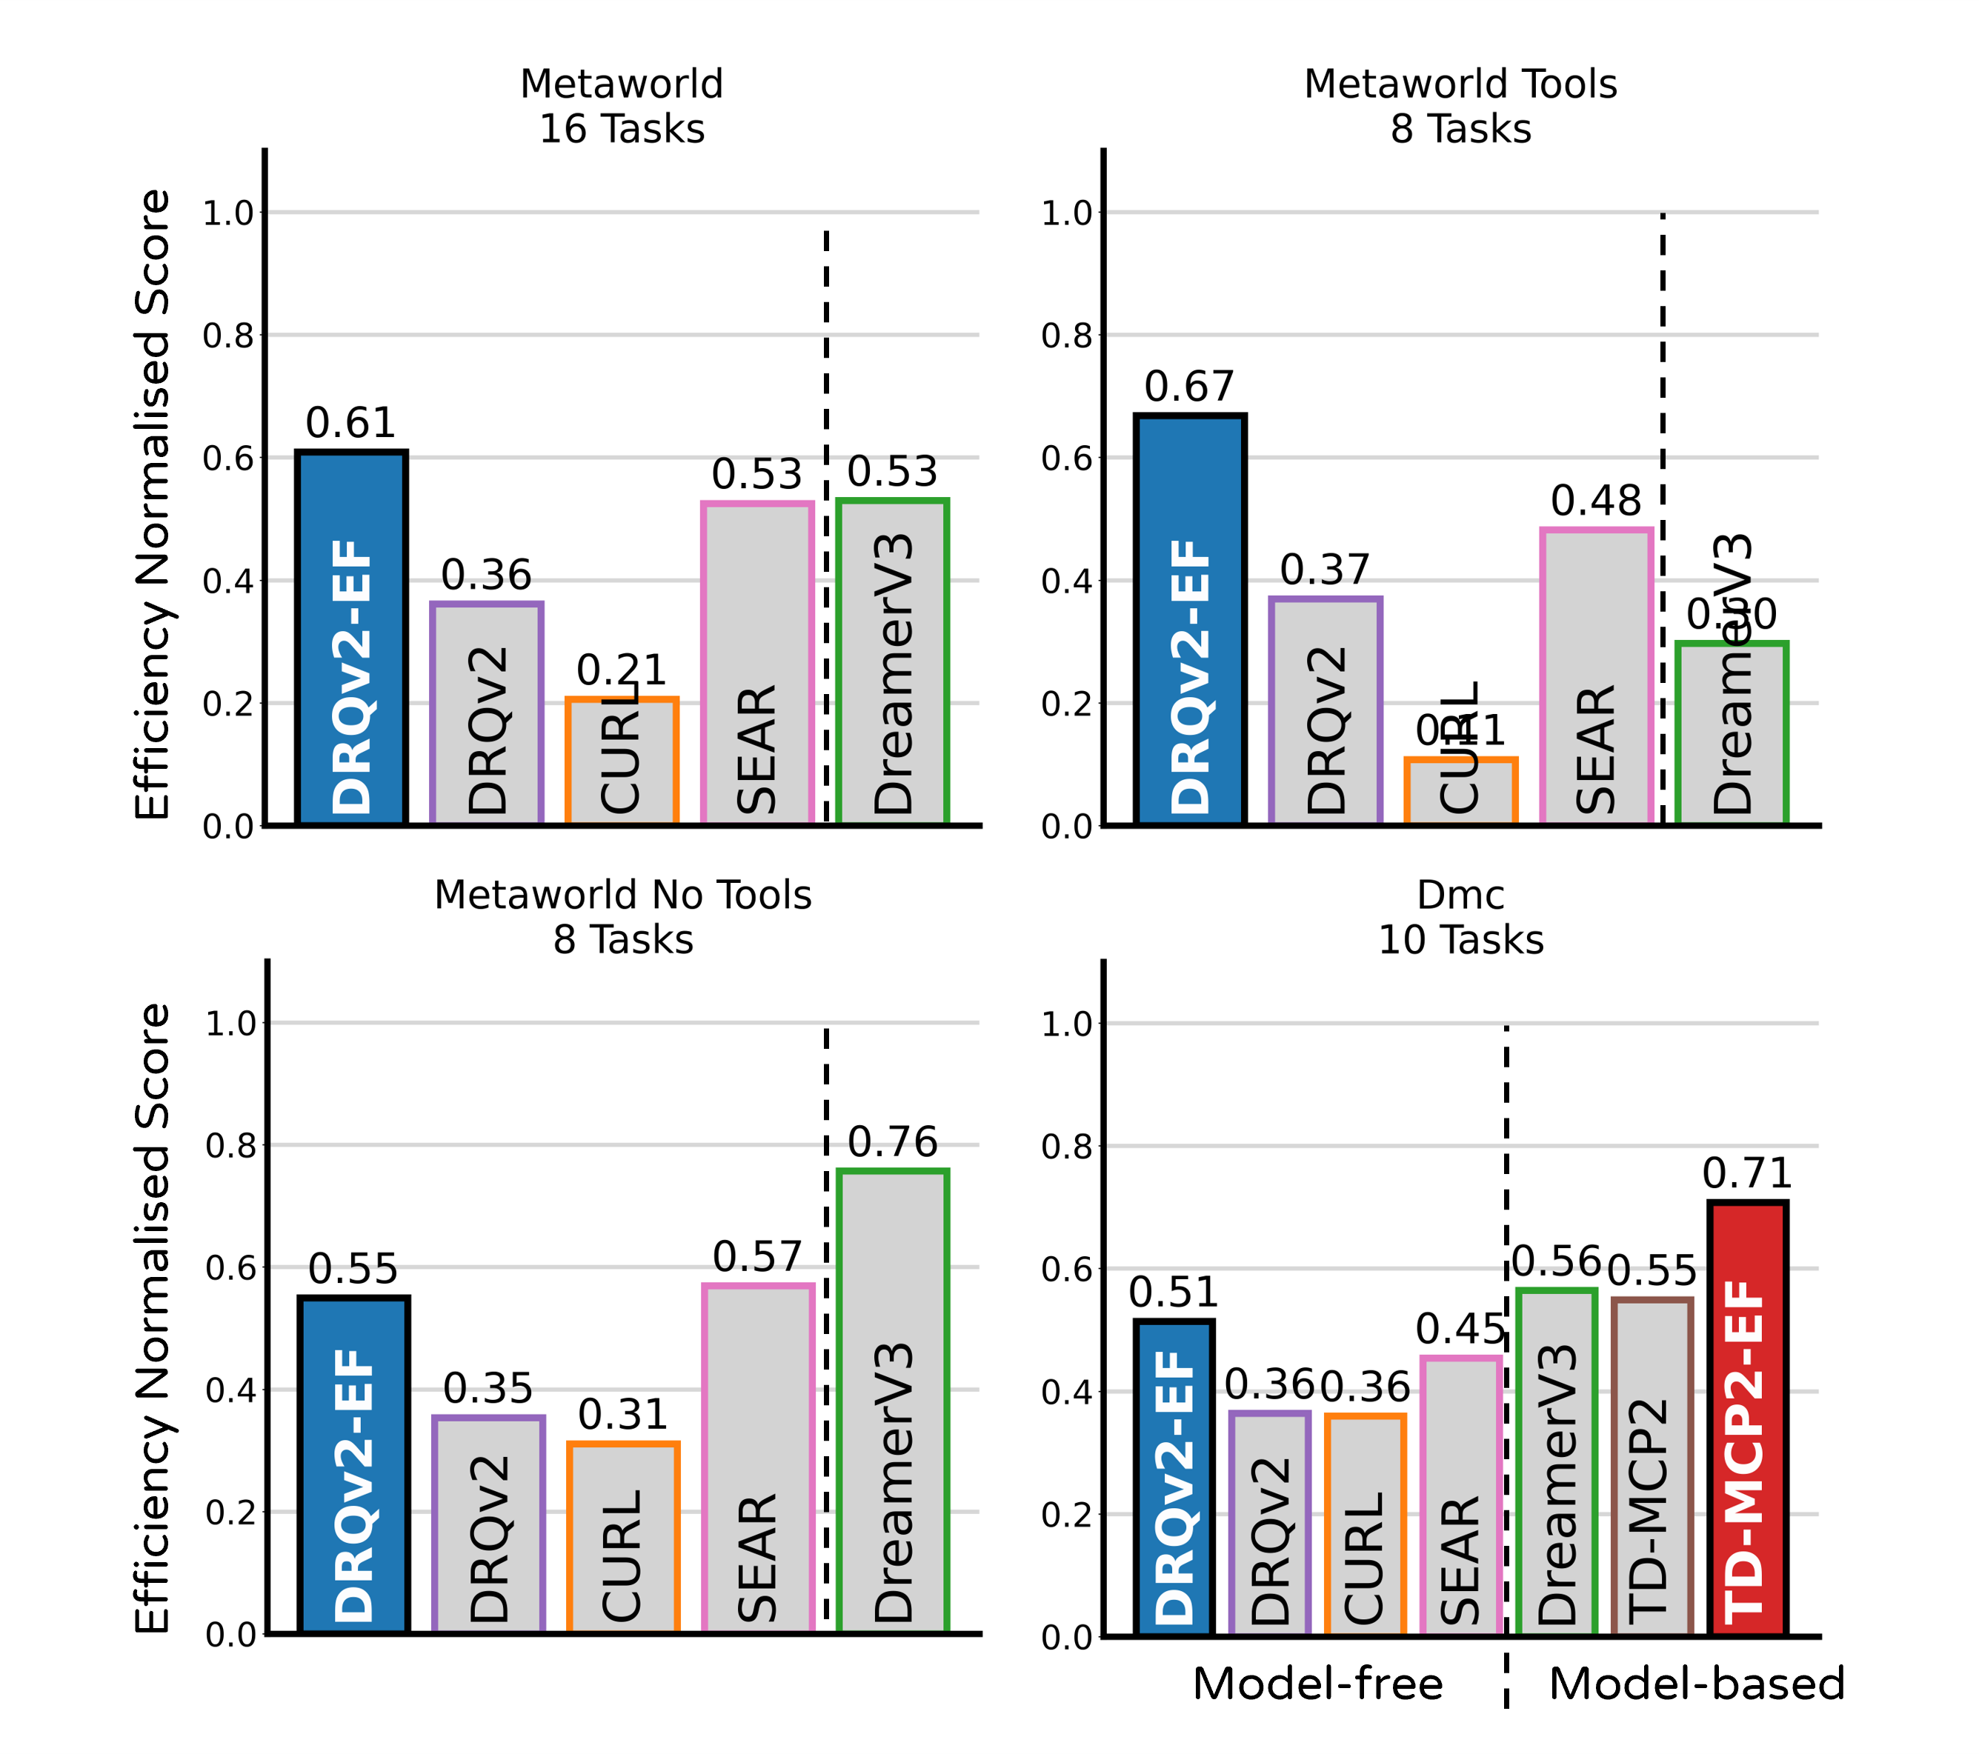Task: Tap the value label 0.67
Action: coord(1189,387)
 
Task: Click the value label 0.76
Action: coord(893,1142)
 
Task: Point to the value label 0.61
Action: coord(350,423)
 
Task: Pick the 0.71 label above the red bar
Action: coord(1748,1173)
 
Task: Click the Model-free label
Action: coord(1317,1684)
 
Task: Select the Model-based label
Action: coord(1696,1684)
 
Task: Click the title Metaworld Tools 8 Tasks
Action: coord(1460,107)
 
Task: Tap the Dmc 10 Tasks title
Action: coord(1460,918)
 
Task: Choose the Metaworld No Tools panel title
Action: coord(622,918)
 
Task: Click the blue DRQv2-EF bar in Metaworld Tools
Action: coord(1190,619)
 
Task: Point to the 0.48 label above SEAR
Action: coord(1596,501)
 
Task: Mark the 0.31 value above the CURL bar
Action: coord(622,1415)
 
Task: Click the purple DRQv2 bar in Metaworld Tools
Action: coord(1326,712)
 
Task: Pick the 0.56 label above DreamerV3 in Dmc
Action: coord(1557,1262)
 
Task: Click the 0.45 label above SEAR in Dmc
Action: coord(1460,1330)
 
